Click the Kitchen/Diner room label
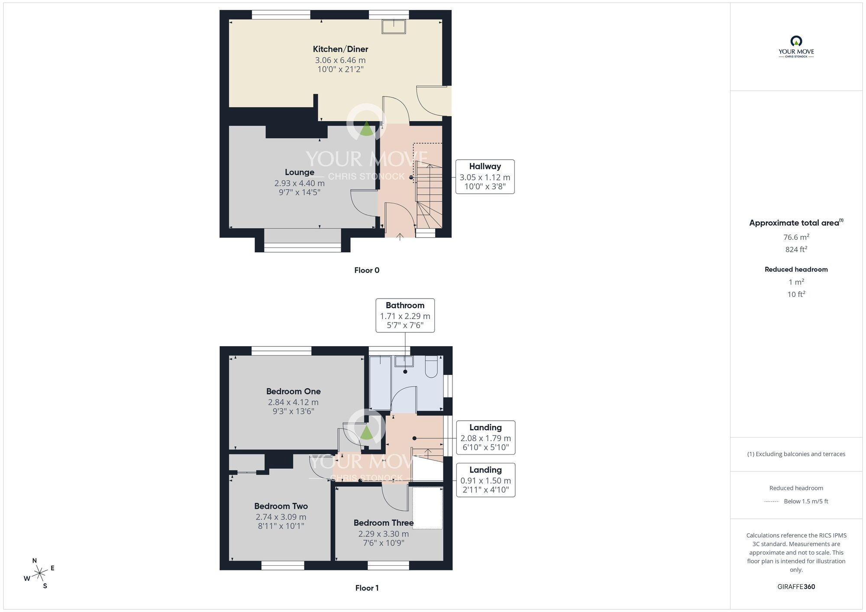tap(340, 49)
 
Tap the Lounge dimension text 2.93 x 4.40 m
tap(299, 183)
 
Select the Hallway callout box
tap(485, 177)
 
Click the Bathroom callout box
tap(405, 316)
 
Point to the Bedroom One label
tap(293, 391)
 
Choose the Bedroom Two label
tap(281, 506)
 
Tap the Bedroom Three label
tap(383, 523)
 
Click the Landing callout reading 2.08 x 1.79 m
tap(485, 438)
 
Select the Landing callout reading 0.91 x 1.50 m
tap(485, 480)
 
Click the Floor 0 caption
tap(366, 271)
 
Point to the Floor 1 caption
tap(366, 588)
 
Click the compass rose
tap(39, 574)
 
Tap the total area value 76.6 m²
tap(796, 237)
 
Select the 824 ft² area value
tap(796, 249)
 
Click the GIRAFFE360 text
tap(796, 587)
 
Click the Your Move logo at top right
tap(796, 47)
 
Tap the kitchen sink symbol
tap(394, 27)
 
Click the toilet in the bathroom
tap(431, 367)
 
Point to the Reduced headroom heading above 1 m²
tap(796, 269)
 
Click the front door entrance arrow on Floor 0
tap(400, 236)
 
